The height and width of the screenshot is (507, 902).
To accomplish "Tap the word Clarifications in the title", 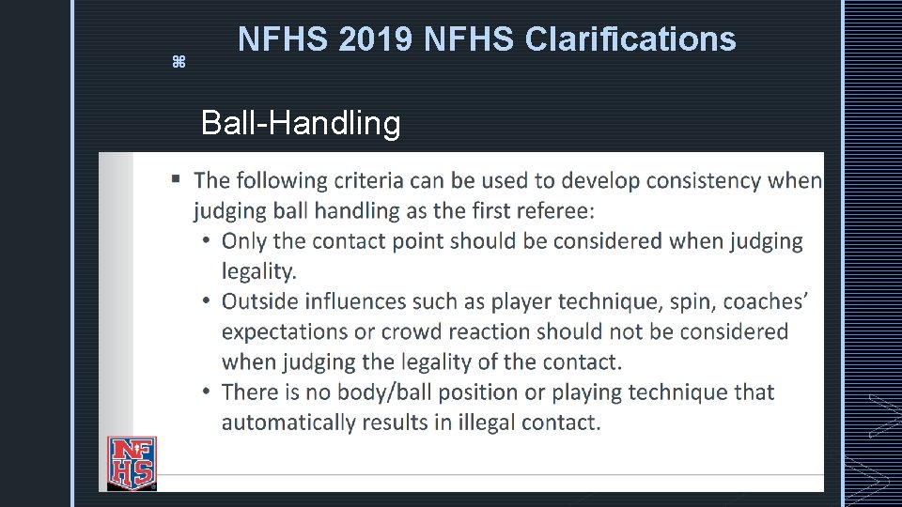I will coord(630,39).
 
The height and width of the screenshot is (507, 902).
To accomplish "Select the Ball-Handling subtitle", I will coord(301,123).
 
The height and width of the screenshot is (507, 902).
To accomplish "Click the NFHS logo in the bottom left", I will coord(132,463).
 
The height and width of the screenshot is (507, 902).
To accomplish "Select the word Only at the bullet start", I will coord(243,241).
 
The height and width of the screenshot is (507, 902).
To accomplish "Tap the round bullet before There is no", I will coord(206,392).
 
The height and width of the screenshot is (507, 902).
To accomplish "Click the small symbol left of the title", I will coord(179,62).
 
